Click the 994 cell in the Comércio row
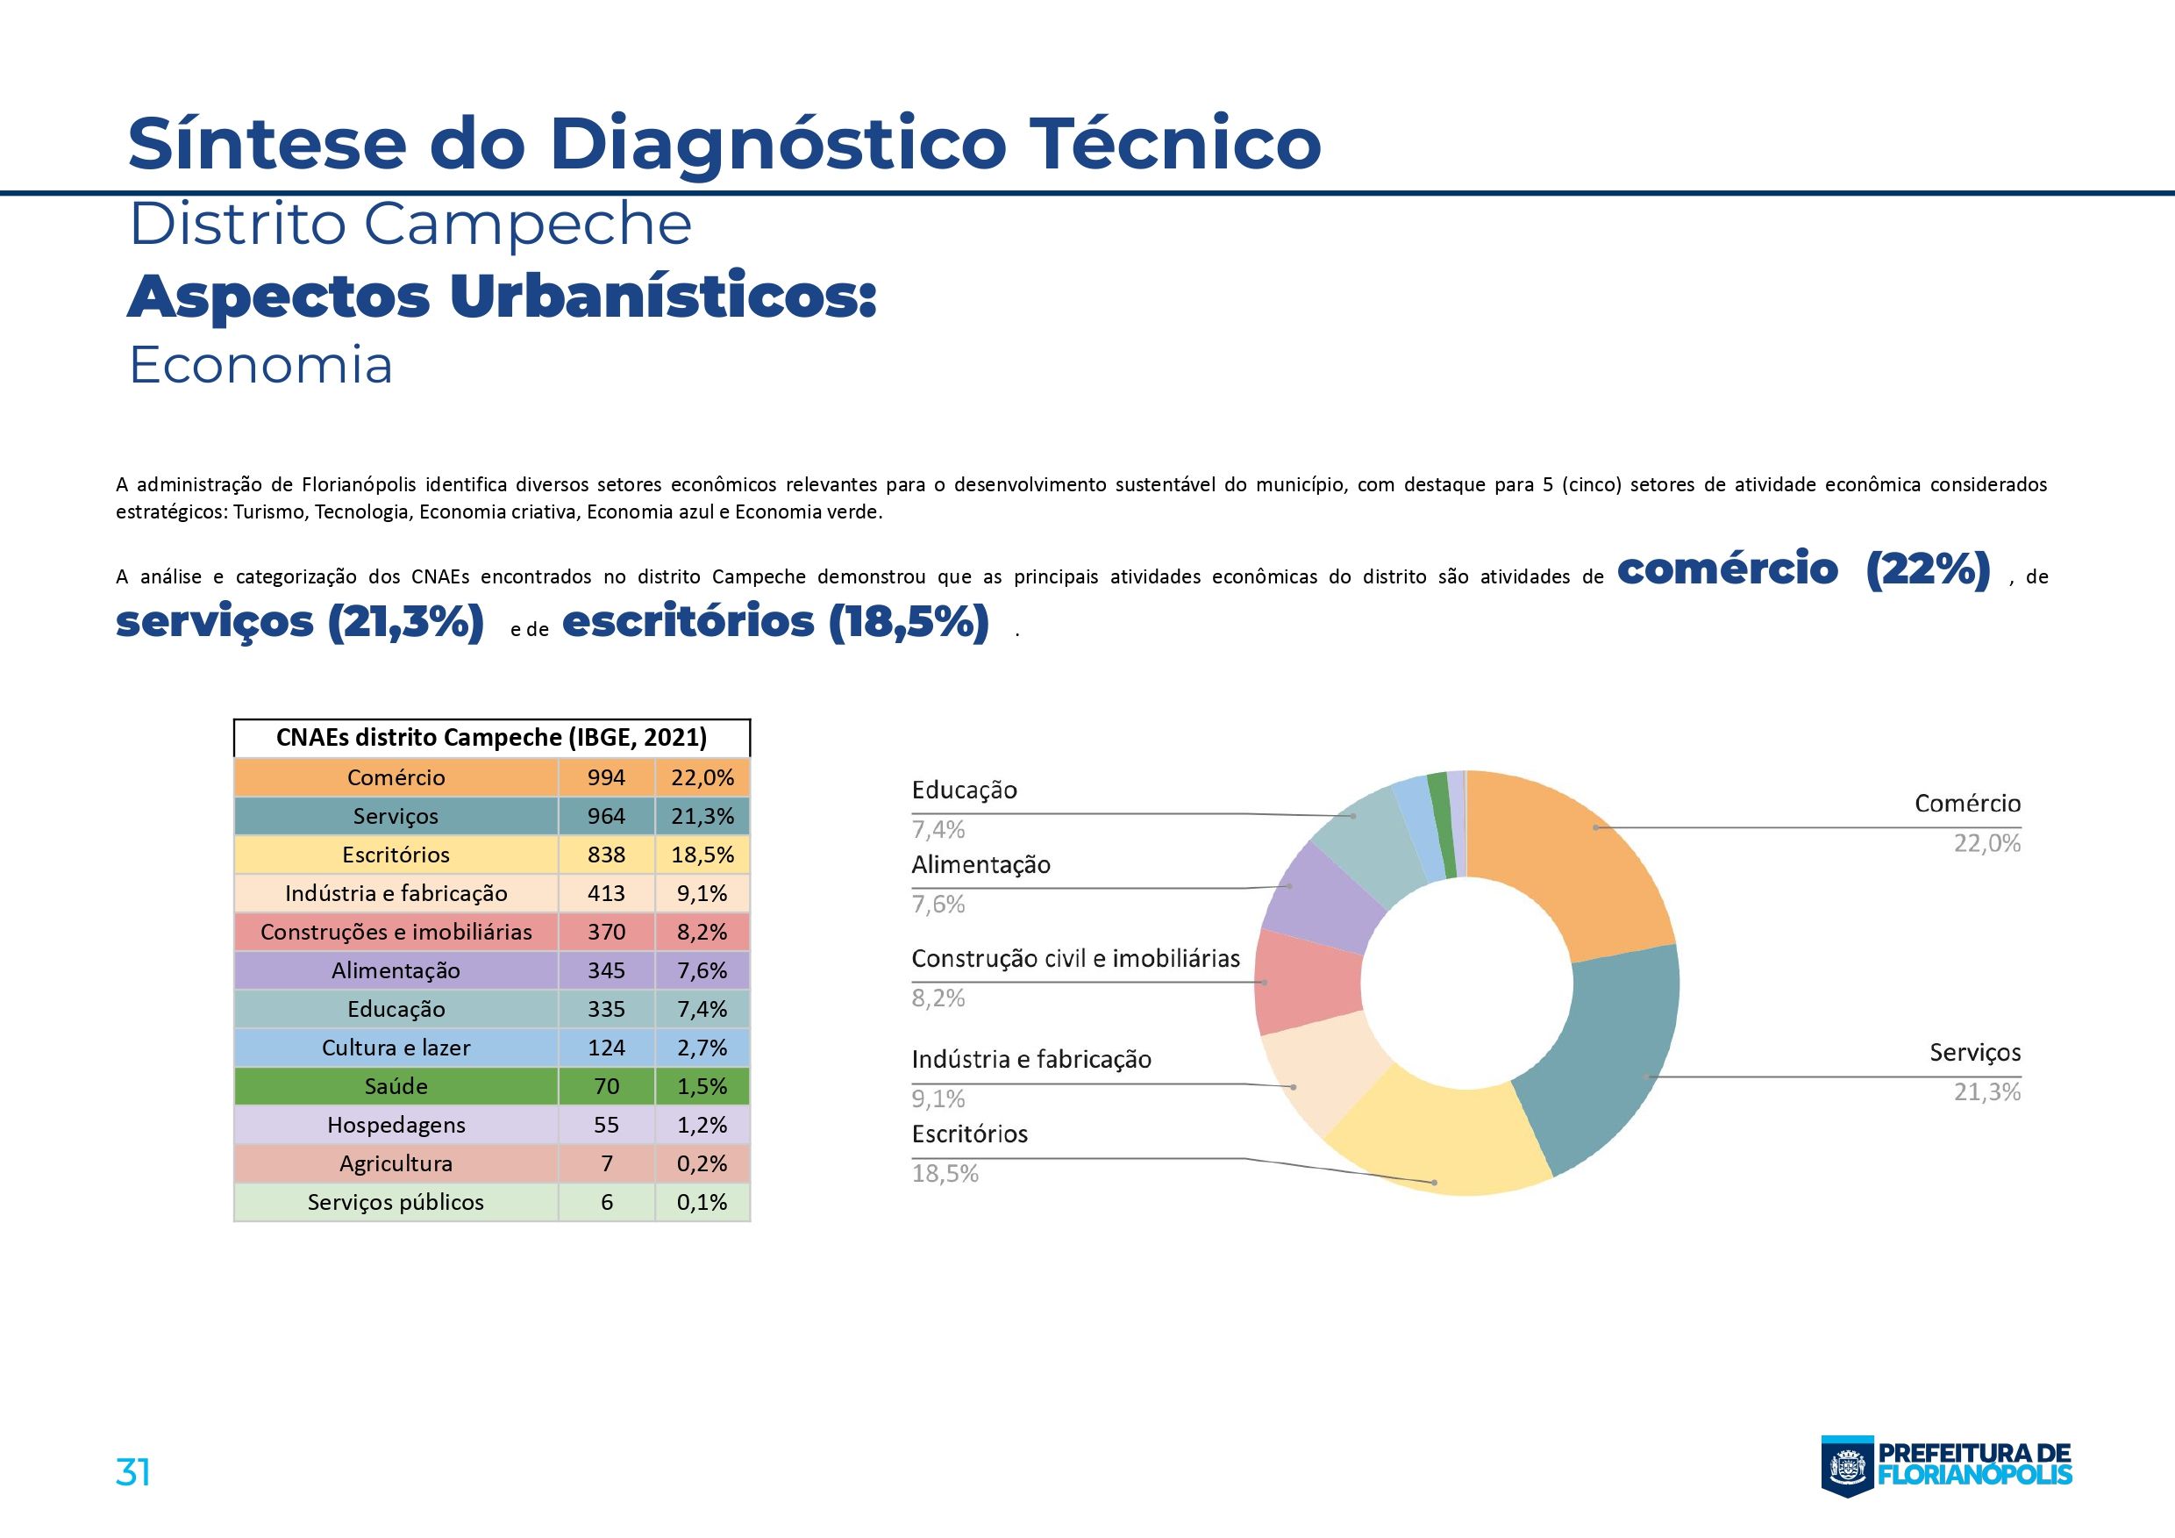coord(606,778)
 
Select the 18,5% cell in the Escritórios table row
coord(702,855)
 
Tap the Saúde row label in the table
coord(396,1087)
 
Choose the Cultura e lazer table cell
coord(396,1048)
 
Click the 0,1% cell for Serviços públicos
coord(702,1203)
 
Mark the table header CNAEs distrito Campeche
coord(492,737)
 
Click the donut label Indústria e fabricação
coord(1030,1060)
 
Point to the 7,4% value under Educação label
coord(938,830)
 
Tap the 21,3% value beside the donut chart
coord(1986,1092)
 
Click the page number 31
coord(132,1471)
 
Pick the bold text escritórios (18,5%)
coord(775,623)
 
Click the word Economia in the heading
coord(260,366)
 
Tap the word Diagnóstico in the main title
coord(777,143)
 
